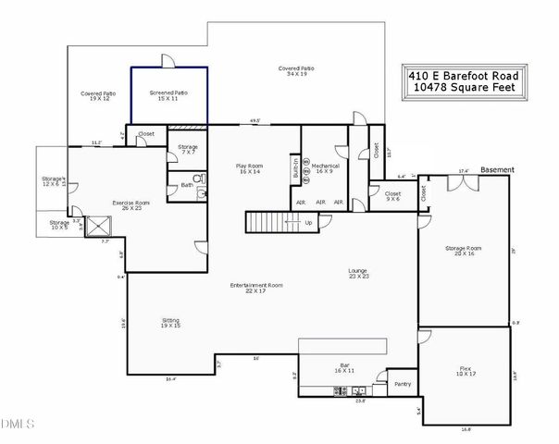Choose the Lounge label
tap(359, 274)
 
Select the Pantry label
tap(402, 384)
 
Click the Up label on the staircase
tap(308, 223)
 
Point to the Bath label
tap(187, 185)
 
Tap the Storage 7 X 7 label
tap(188, 149)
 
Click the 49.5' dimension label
tap(255, 120)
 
